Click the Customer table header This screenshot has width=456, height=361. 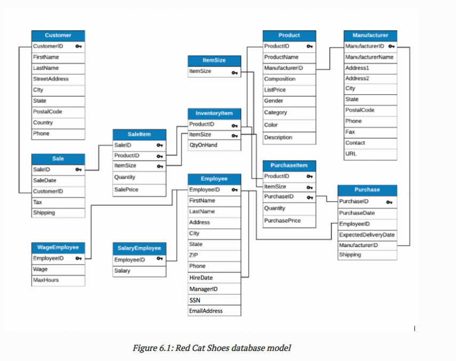58,35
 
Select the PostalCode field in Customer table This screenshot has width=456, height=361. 48,111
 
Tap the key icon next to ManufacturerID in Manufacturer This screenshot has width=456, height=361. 391,46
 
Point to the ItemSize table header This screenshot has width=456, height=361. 214,60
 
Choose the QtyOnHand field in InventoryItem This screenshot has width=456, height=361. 203,145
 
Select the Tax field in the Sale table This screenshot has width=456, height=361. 38,202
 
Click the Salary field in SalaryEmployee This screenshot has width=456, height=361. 122,271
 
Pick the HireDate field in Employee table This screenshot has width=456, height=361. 201,278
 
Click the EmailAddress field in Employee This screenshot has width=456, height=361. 206,311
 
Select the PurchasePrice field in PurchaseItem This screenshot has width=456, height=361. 282,220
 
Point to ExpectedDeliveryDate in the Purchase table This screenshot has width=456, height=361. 367,235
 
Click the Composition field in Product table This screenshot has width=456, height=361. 280,79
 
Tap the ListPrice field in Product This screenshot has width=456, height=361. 276,90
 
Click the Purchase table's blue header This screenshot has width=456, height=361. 367,189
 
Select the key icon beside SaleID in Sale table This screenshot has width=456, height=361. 78,170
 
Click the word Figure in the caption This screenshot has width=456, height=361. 144,348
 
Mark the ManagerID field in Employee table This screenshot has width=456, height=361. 203,289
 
